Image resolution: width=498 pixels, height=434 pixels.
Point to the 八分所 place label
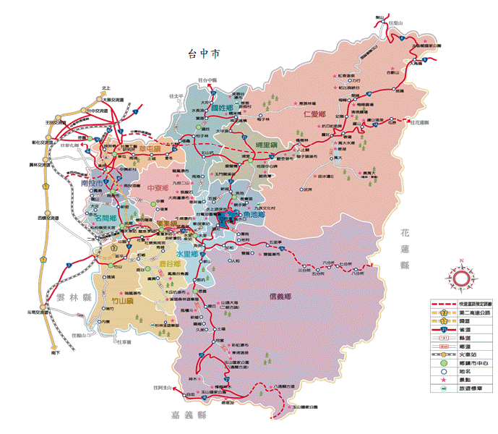click(356, 273)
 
